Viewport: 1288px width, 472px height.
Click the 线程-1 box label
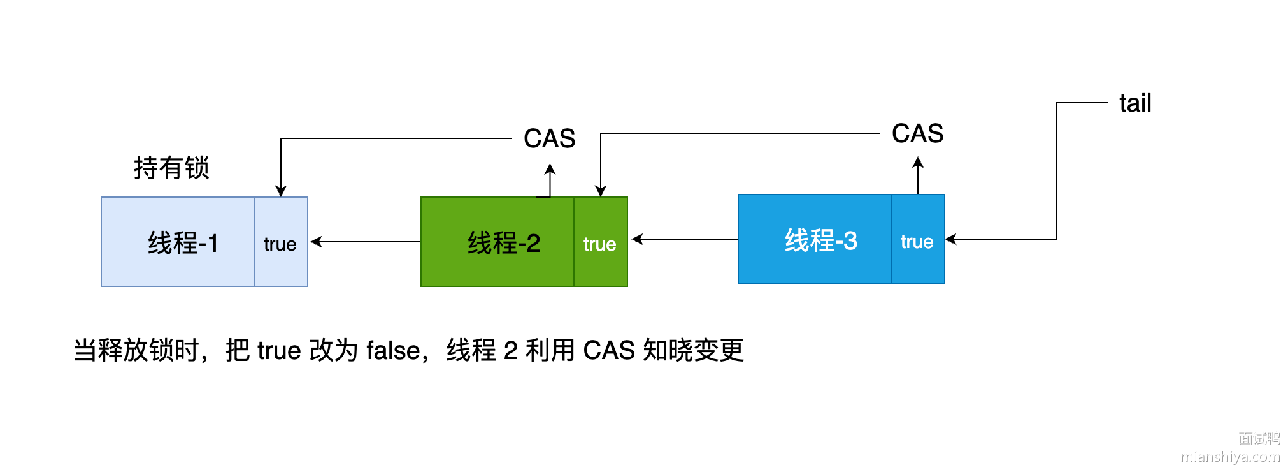[x=183, y=243]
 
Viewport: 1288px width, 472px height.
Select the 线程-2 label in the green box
[x=503, y=243]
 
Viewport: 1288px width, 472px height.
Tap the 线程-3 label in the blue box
[x=820, y=240]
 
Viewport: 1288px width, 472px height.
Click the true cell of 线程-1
[x=280, y=244]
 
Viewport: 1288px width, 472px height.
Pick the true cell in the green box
[x=600, y=244]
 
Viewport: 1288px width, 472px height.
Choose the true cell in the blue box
[x=917, y=241]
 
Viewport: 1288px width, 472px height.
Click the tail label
[x=1135, y=103]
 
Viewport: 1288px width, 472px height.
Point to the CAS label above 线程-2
[x=549, y=138]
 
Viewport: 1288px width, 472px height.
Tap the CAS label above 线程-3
[x=917, y=133]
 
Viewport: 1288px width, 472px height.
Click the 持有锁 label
[x=171, y=168]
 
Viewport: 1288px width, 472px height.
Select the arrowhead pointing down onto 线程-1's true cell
[x=281, y=191]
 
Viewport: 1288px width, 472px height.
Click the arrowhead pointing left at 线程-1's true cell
[x=315, y=242]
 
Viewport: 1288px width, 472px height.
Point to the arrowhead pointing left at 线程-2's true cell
[x=636, y=239]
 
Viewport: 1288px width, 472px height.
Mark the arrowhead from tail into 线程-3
[x=950, y=239]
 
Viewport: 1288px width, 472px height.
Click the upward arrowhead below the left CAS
[x=550, y=169]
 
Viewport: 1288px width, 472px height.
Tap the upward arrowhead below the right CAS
[x=918, y=163]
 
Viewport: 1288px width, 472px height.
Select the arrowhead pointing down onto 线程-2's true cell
[x=600, y=191]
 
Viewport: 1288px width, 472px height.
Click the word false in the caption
[x=393, y=351]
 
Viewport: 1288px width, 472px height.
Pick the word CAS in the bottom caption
[x=609, y=351]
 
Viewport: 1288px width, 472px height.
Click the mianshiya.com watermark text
[x=1230, y=457]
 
